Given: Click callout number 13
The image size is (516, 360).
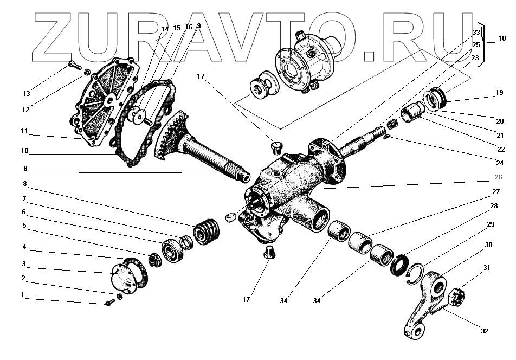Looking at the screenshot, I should [26, 94].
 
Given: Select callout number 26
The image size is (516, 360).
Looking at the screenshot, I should [498, 176].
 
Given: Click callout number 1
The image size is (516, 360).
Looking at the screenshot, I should [23, 296].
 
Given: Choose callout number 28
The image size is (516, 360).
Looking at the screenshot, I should [493, 207].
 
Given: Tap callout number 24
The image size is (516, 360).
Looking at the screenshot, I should [499, 161].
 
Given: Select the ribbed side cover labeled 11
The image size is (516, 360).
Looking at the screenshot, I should [100, 103].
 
